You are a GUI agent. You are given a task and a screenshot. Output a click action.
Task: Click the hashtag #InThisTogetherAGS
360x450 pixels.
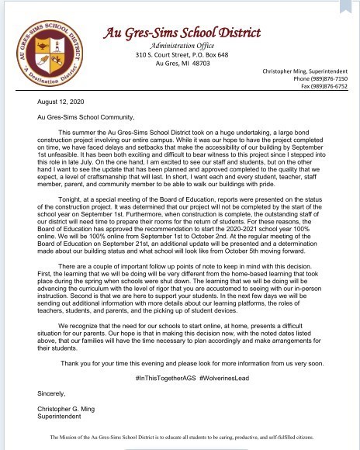[x=165, y=375]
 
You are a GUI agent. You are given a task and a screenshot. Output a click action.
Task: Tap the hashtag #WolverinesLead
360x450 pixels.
[x=225, y=375]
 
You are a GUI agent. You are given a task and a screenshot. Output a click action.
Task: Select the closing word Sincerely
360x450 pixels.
[x=52, y=393]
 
